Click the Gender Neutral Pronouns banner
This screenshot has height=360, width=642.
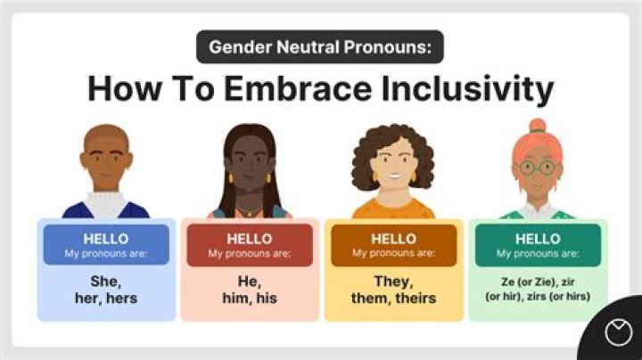(320, 46)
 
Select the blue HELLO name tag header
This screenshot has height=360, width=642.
(105, 245)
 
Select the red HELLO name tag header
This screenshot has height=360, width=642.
(249, 245)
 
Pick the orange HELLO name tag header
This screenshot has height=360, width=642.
(393, 245)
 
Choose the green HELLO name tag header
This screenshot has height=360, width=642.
(537, 245)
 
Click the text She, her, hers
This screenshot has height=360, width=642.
(105, 290)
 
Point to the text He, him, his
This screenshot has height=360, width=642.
(249, 290)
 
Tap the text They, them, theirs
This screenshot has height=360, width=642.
(393, 290)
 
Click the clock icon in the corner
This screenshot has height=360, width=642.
(616, 333)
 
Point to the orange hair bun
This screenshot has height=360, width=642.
(537, 126)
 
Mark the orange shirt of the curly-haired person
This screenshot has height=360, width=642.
(393, 210)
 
